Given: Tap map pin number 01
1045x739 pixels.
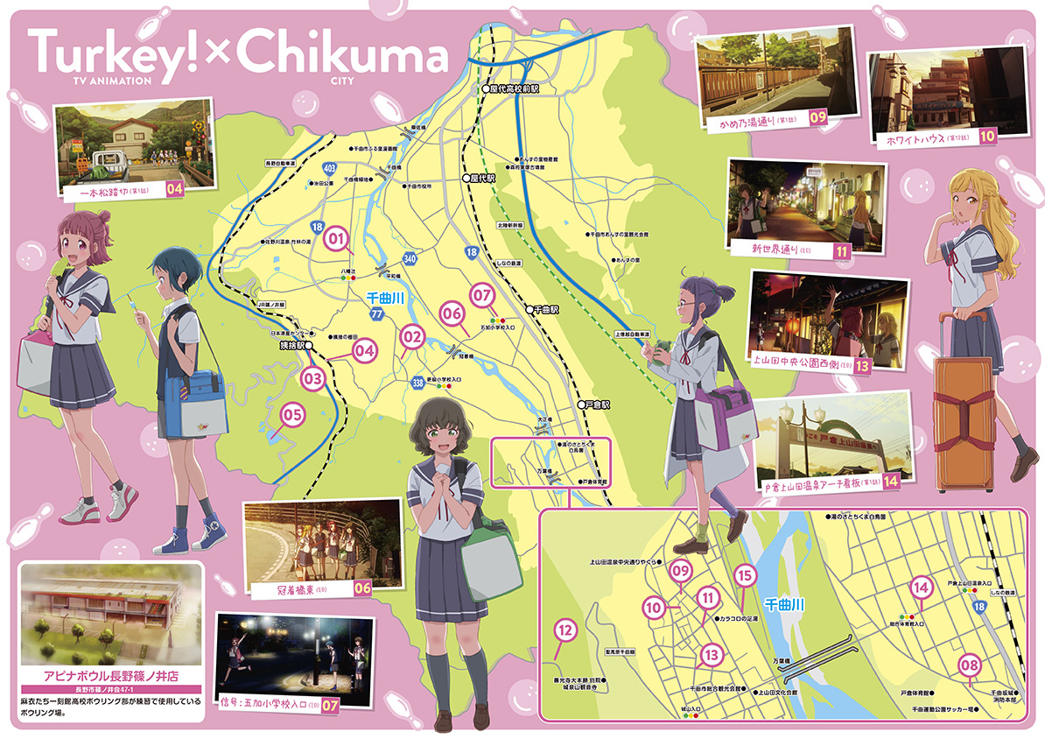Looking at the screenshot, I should (337, 236).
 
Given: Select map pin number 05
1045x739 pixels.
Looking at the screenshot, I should (291, 412).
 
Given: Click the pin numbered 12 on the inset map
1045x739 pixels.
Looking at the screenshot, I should (565, 630).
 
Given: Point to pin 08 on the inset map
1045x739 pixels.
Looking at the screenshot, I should (970, 665).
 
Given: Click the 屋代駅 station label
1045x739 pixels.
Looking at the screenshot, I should (481, 177).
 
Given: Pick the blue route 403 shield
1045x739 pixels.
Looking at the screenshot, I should (330, 166).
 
